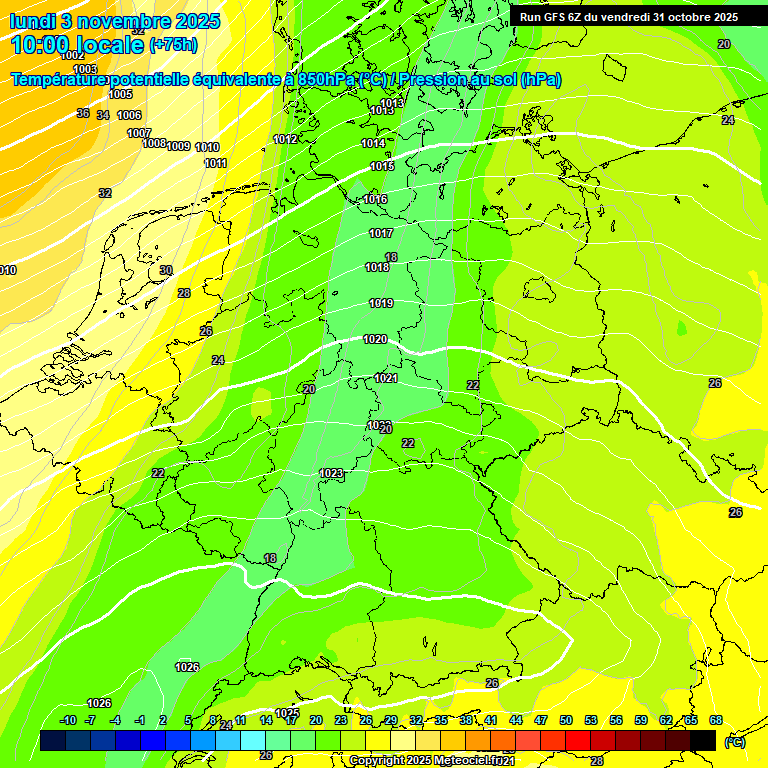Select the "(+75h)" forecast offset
173,45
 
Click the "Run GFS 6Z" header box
629,17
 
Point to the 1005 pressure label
120,94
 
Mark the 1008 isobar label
154,143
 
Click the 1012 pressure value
285,139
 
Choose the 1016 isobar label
376,200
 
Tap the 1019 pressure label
380,303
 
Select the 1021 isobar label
386,378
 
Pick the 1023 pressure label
331,473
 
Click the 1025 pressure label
287,713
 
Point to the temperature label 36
83,113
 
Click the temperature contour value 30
166,270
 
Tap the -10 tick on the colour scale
68,720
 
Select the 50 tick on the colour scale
566,720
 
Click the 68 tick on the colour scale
716,720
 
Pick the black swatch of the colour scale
703,740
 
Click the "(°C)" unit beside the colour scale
735,741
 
